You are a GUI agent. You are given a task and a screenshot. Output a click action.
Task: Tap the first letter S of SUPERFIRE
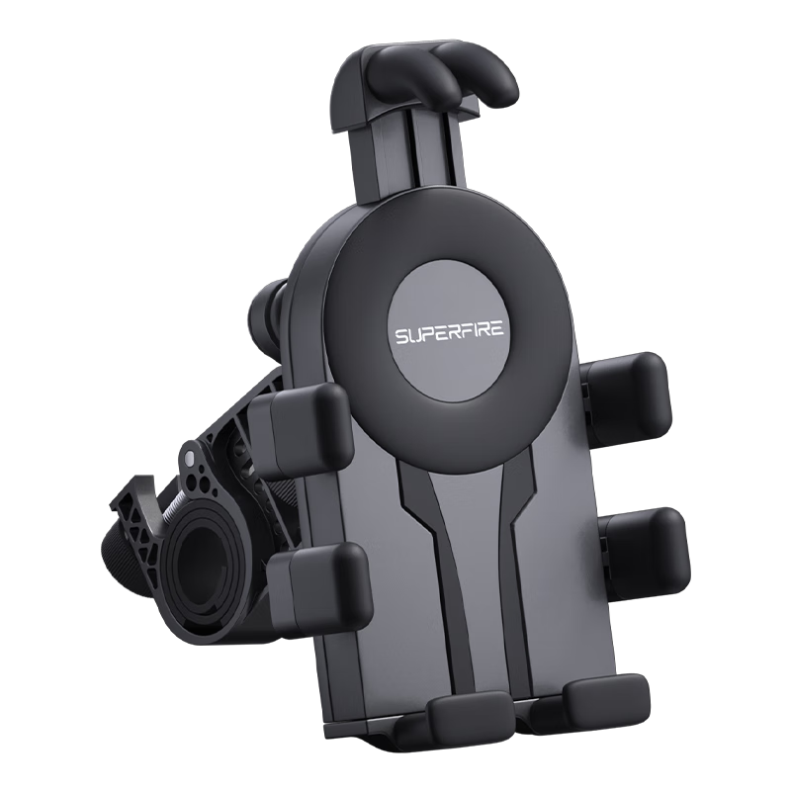click(400, 336)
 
